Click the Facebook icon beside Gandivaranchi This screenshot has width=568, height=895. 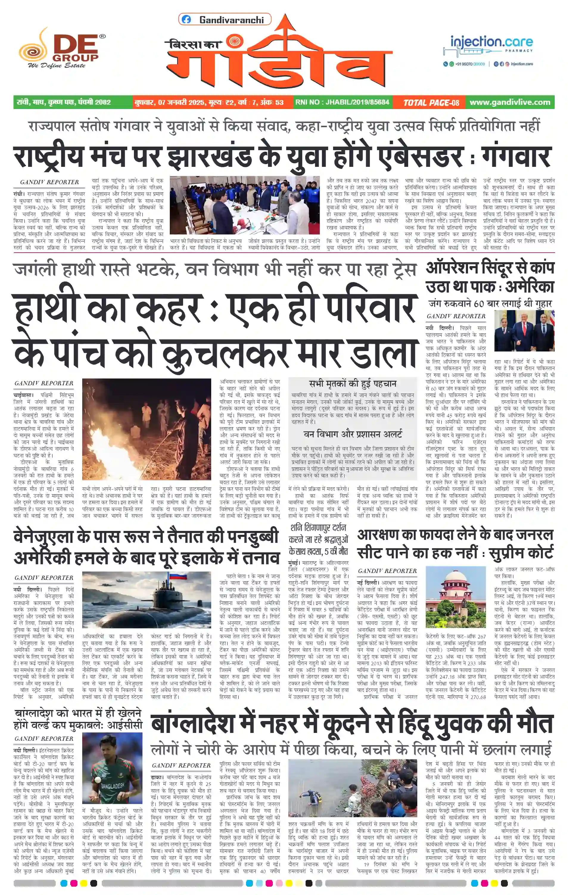pyautogui.click(x=186, y=20)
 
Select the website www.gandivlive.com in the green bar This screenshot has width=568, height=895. pyautogui.click(x=510, y=102)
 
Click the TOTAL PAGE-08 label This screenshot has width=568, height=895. pyautogui.click(x=431, y=102)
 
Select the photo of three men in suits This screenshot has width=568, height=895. pyautogui.click(x=524, y=331)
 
